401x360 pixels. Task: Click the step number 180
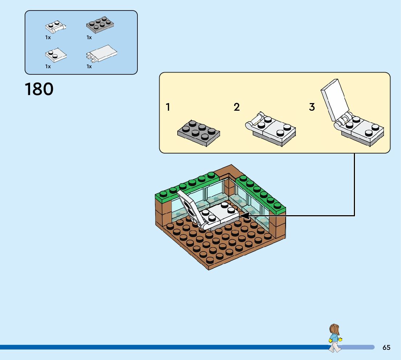pyautogui.click(x=39, y=89)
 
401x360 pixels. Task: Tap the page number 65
pyautogui.click(x=386, y=347)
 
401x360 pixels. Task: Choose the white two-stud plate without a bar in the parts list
pyautogui.click(x=56, y=55)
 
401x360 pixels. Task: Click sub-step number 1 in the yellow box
pyautogui.click(x=168, y=107)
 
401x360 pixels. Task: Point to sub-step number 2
pyautogui.click(x=237, y=107)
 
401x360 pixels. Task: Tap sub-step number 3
pyautogui.click(x=312, y=107)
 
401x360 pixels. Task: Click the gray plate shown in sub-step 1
pyautogui.click(x=199, y=132)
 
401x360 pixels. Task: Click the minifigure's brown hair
pyautogui.click(x=334, y=330)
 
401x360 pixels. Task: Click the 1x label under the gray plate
pyautogui.click(x=89, y=37)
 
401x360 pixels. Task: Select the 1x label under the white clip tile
pyautogui.click(x=89, y=66)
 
